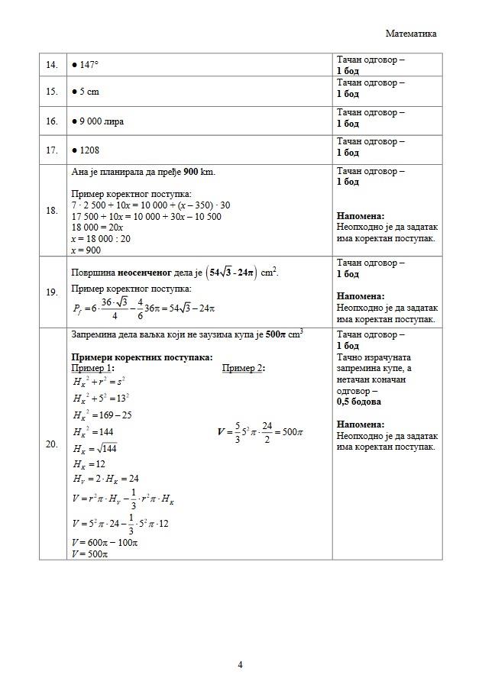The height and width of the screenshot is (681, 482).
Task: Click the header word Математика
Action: pos(411,34)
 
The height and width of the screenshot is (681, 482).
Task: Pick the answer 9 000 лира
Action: pos(100,121)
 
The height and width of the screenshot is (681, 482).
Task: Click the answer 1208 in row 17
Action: pos(89,150)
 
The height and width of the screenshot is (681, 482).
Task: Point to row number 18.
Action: pos(52,211)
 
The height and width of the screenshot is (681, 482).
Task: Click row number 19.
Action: pos(52,291)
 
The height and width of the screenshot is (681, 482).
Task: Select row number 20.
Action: pos(52,444)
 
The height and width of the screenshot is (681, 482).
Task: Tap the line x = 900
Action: pos(86,250)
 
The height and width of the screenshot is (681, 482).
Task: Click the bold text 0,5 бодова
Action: pos(359,401)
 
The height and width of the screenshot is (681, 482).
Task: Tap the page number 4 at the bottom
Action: pos(241,664)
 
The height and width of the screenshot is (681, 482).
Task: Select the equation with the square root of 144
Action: pos(95,448)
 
